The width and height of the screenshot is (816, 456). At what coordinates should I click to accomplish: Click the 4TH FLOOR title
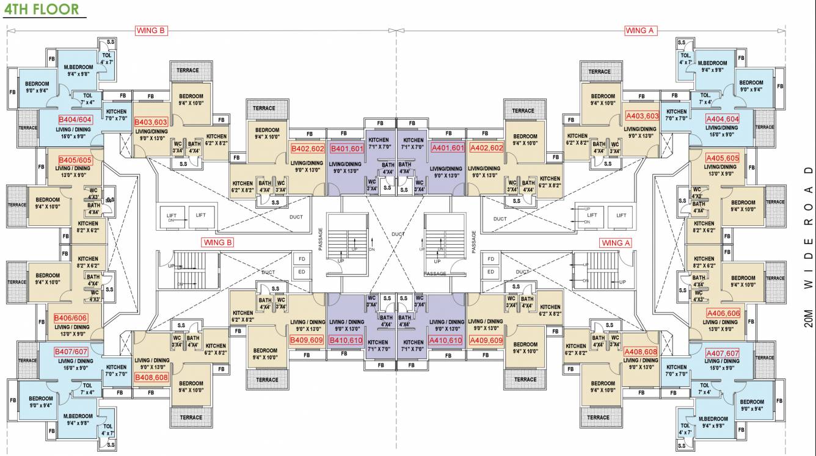(42, 9)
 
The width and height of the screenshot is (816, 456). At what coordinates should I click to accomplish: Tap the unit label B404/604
(75, 120)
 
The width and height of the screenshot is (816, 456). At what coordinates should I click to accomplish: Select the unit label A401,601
(448, 148)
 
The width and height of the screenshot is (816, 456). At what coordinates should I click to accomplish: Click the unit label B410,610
(346, 340)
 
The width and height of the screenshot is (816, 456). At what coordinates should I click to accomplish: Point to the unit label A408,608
(641, 352)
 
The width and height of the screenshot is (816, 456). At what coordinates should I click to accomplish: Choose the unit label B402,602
(307, 148)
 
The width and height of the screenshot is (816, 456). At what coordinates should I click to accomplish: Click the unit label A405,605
(722, 158)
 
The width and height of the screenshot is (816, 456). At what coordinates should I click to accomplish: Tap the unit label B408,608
(151, 377)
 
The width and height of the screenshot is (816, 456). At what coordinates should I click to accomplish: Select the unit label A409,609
(486, 340)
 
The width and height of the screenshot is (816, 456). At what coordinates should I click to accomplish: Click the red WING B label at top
(150, 31)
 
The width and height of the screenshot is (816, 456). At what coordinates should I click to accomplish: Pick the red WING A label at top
(640, 31)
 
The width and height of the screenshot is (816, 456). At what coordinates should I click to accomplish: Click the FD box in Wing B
(302, 259)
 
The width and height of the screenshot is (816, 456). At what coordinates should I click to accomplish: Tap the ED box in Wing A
(490, 272)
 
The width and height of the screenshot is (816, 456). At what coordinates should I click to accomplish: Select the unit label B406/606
(70, 318)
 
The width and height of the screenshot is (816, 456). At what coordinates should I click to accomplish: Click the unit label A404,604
(722, 119)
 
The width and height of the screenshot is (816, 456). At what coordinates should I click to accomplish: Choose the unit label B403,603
(151, 122)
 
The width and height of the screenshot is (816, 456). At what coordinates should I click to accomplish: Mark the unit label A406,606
(723, 313)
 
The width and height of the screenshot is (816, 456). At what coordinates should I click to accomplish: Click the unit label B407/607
(71, 352)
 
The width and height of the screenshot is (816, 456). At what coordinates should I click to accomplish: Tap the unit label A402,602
(486, 148)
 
